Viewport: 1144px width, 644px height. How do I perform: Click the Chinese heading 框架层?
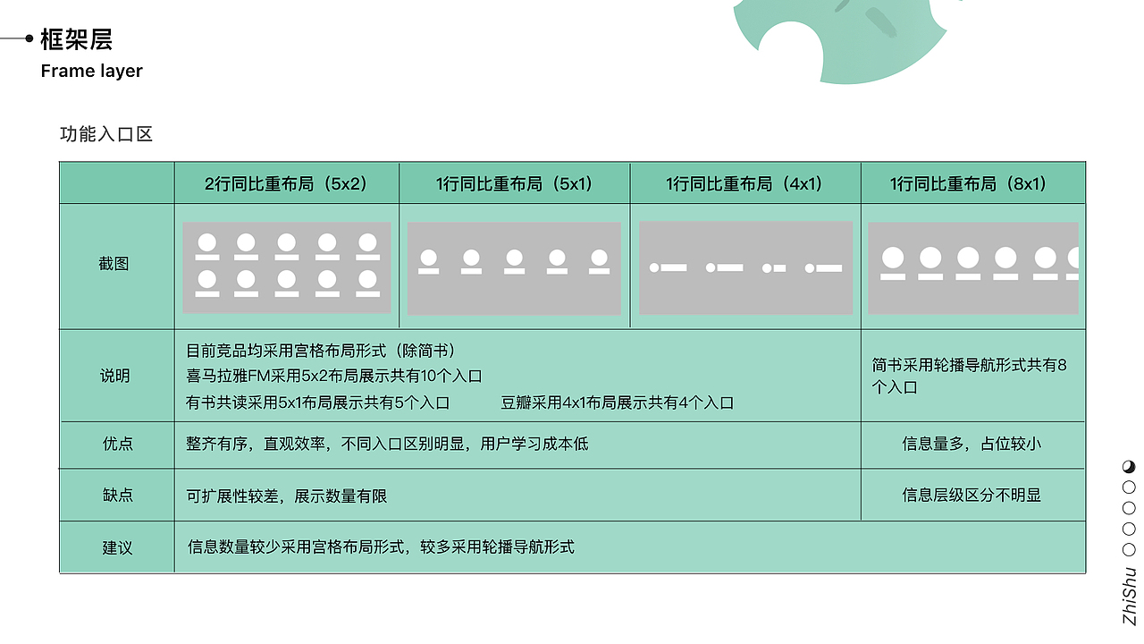[x=76, y=39]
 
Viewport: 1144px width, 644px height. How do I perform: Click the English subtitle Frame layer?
[x=91, y=71]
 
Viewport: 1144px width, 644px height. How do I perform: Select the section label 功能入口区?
[x=106, y=134]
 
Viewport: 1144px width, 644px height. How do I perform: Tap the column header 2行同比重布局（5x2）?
[x=286, y=183]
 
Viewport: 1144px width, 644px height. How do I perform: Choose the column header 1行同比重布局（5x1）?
[x=514, y=183]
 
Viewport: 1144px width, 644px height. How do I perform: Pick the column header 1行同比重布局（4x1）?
[x=744, y=183]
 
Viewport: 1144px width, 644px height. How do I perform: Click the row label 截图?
[x=114, y=264]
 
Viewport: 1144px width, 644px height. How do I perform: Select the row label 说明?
[x=114, y=376]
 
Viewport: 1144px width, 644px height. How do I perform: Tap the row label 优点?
[x=118, y=444]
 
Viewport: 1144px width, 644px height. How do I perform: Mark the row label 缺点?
[x=118, y=495]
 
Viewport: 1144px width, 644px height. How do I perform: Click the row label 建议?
[x=117, y=547]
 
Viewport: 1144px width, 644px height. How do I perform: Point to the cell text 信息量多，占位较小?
[x=972, y=444]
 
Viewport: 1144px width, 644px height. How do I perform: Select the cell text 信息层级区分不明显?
[x=972, y=495]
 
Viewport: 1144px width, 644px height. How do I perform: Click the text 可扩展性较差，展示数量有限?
[x=286, y=496]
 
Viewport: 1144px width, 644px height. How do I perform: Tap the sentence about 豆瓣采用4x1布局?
[x=617, y=402]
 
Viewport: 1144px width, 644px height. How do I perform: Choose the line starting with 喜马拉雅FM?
[x=333, y=376]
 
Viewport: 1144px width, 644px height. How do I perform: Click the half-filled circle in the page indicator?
[x=1129, y=466]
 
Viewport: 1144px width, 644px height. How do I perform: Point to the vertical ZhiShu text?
[x=1131, y=596]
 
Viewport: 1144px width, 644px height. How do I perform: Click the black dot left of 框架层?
[x=29, y=38]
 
